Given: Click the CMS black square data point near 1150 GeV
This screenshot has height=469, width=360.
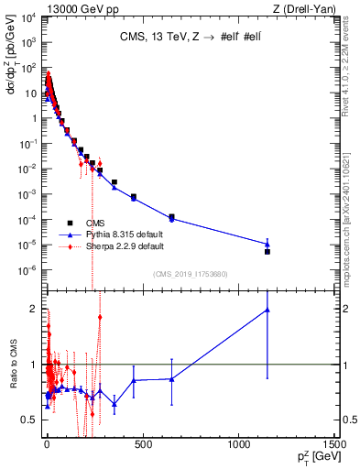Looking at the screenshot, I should click(x=267, y=251).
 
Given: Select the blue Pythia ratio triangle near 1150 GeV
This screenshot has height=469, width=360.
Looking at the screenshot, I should click(x=267, y=310).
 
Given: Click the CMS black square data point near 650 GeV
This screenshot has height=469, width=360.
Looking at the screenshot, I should click(x=172, y=217).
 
